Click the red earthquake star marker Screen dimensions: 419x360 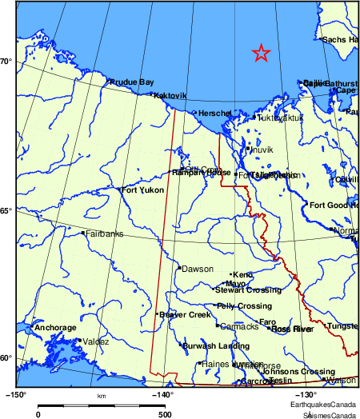[261, 54]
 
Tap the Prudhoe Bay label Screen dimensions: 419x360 [132, 82]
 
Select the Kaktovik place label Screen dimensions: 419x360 [170, 95]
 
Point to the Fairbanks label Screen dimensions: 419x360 [105, 234]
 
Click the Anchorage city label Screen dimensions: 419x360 [55, 328]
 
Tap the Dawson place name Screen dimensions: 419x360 [198, 269]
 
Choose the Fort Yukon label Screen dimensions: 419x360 [142, 190]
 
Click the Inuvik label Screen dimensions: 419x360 [262, 150]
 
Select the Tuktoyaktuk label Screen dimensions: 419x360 [281, 118]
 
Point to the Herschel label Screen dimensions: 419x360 [214, 114]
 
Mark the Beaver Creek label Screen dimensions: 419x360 [184, 315]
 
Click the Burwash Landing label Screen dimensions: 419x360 [216, 345]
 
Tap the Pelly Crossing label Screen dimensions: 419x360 [244, 306]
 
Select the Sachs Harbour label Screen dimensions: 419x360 [340, 39]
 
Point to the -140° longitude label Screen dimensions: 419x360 [163, 396]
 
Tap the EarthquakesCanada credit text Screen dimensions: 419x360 [330, 406]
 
